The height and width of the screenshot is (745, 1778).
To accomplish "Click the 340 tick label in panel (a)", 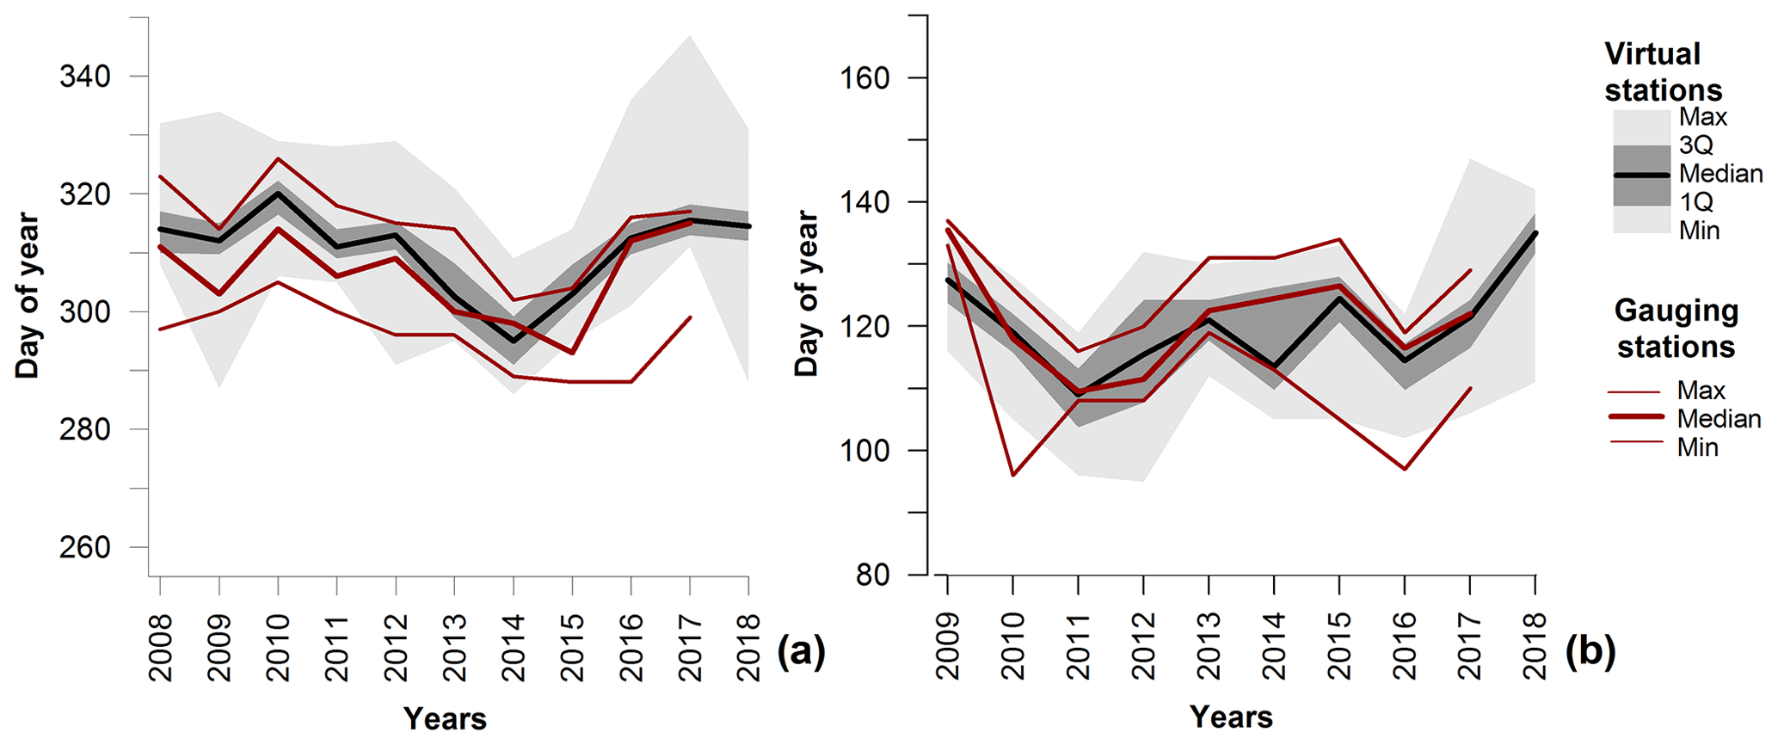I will (84, 77).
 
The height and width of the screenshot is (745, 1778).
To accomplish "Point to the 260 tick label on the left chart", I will (84, 547).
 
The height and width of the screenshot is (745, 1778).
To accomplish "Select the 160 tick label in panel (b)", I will (864, 78).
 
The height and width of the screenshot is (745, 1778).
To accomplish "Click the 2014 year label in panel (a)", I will (514, 647).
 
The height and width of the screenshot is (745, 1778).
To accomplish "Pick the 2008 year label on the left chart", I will (160, 647).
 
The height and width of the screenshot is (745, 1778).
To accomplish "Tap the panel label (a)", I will (801, 651).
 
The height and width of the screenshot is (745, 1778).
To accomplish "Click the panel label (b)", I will (1590, 651).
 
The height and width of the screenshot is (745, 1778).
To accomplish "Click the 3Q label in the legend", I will (1696, 145).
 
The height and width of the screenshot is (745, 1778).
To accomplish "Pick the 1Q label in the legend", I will (1696, 202).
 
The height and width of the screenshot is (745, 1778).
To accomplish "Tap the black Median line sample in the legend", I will (1640, 175).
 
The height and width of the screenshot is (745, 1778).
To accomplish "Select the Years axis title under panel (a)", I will (445, 718).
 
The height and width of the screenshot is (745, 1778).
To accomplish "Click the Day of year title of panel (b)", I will (806, 293).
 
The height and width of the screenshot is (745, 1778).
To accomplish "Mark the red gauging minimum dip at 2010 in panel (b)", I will (1013, 475).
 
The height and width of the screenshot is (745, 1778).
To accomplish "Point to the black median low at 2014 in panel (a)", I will (514, 341).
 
